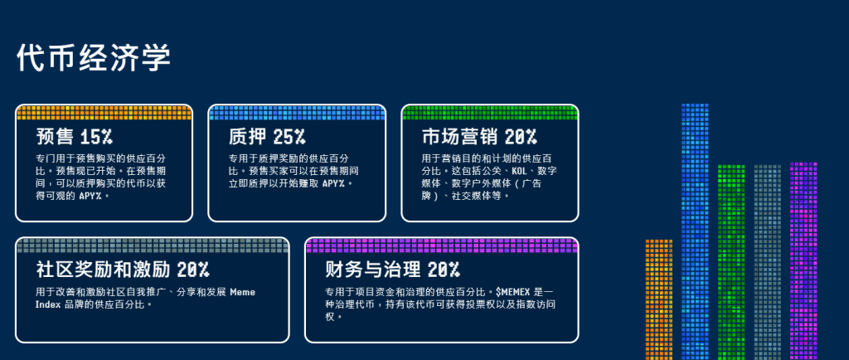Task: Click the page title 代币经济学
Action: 94,58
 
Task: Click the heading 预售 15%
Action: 74,137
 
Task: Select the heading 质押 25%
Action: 266,137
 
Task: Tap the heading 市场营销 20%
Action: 478,137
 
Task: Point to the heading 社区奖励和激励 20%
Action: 123,269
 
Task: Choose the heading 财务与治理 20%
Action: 392,269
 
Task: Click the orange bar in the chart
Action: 658,300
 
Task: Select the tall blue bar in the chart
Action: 695,231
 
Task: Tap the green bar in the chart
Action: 731,263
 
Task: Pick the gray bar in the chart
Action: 767,263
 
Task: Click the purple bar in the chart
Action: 803,261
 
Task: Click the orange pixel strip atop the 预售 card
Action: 104,113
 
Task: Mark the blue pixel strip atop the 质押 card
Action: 297,113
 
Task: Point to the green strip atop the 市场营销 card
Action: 490,113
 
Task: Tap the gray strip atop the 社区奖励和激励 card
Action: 153,246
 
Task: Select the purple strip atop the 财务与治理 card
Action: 442,246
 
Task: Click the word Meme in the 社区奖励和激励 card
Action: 243,292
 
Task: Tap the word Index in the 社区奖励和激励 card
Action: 48,304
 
